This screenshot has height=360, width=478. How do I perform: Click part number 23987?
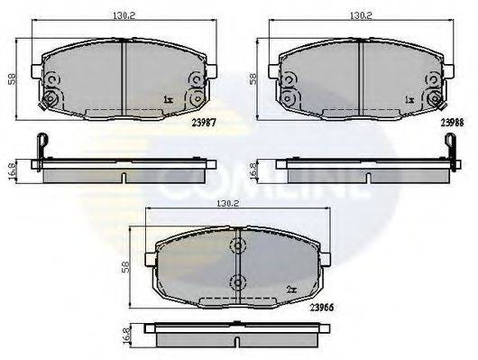coord(204,123)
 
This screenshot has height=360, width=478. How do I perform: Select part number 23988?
coord(452,123)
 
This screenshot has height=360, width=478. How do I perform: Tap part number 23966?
coord(322,308)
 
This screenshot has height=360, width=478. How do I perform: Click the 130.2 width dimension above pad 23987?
coord(124,15)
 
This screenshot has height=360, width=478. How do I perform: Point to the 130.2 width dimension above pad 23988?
coord(361,15)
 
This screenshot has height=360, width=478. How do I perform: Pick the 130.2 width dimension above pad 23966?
coord(227,203)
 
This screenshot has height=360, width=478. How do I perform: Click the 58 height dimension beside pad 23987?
coord(13,79)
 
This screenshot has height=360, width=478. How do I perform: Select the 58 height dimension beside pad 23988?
coord(253,79)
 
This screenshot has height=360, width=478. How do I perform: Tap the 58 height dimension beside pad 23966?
coord(126,267)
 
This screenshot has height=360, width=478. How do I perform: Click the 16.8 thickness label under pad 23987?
coord(13,171)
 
